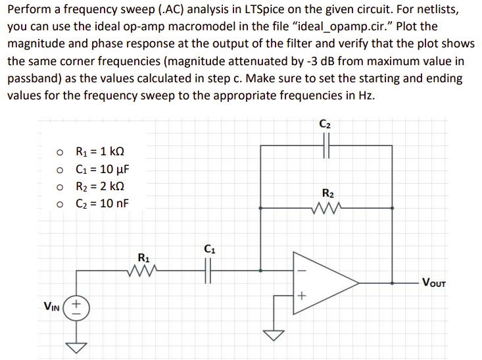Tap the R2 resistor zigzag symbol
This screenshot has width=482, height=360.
tap(327, 209)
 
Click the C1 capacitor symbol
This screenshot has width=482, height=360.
tap(210, 269)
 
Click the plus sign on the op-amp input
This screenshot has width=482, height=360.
tap(303, 297)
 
